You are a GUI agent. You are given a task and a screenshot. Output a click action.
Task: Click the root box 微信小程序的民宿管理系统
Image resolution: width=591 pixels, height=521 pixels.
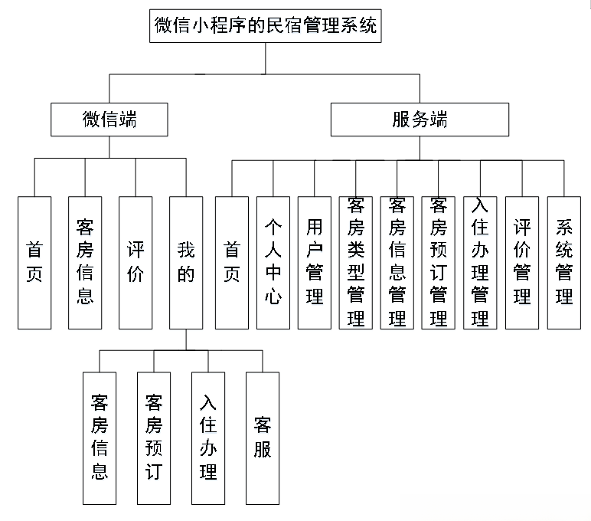click(265, 25)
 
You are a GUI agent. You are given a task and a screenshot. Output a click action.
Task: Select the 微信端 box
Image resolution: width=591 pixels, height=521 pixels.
click(109, 120)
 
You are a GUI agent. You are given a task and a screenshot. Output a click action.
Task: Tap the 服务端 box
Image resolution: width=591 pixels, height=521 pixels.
click(419, 120)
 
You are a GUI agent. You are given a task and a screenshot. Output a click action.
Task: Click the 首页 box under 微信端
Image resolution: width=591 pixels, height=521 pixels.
click(35, 262)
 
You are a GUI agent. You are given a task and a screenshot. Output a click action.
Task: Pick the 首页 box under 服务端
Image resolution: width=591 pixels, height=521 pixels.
click(232, 262)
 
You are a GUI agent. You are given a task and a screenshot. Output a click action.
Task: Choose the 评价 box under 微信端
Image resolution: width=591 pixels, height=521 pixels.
click(136, 262)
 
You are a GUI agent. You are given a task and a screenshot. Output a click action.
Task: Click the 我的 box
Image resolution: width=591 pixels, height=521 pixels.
click(186, 262)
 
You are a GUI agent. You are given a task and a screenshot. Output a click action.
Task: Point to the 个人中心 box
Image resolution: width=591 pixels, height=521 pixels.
click(273, 262)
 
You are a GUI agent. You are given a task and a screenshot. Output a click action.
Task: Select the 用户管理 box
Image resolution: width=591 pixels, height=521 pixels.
click(315, 262)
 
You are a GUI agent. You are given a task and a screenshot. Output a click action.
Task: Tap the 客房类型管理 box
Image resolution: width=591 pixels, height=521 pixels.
click(356, 262)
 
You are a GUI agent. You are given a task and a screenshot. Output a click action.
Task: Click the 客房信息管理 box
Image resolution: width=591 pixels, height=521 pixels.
click(397, 262)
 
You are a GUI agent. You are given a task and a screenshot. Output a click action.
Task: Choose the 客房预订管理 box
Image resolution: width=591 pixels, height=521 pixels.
click(439, 262)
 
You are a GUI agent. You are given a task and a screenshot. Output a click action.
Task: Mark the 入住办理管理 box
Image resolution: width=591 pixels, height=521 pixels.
click(480, 262)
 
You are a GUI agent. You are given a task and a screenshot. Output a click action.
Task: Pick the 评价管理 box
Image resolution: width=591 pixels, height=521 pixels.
click(522, 262)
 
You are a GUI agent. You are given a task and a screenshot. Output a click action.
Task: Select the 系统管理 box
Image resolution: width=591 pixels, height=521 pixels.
click(564, 262)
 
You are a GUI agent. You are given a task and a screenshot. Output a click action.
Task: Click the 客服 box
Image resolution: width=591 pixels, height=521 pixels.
click(263, 437)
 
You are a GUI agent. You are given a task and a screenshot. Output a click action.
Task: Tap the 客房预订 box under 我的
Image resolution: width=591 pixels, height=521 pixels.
click(153, 437)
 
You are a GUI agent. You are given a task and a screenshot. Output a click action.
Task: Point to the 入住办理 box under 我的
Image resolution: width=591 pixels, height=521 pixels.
click(207, 437)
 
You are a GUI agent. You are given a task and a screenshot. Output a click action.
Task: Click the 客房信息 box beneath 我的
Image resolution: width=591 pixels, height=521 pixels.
click(100, 437)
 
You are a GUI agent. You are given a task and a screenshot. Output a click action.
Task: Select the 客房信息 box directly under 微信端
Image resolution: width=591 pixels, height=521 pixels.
click(85, 262)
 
